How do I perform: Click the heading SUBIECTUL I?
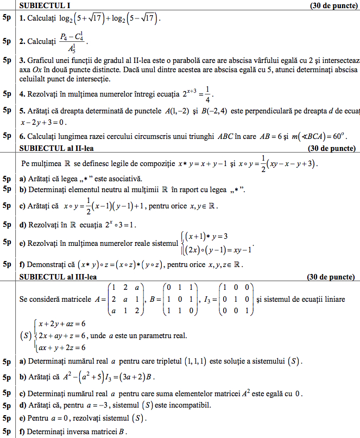[x=45, y=5]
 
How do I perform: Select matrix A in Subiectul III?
[x=121, y=300]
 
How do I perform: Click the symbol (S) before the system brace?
[x=26, y=335]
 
